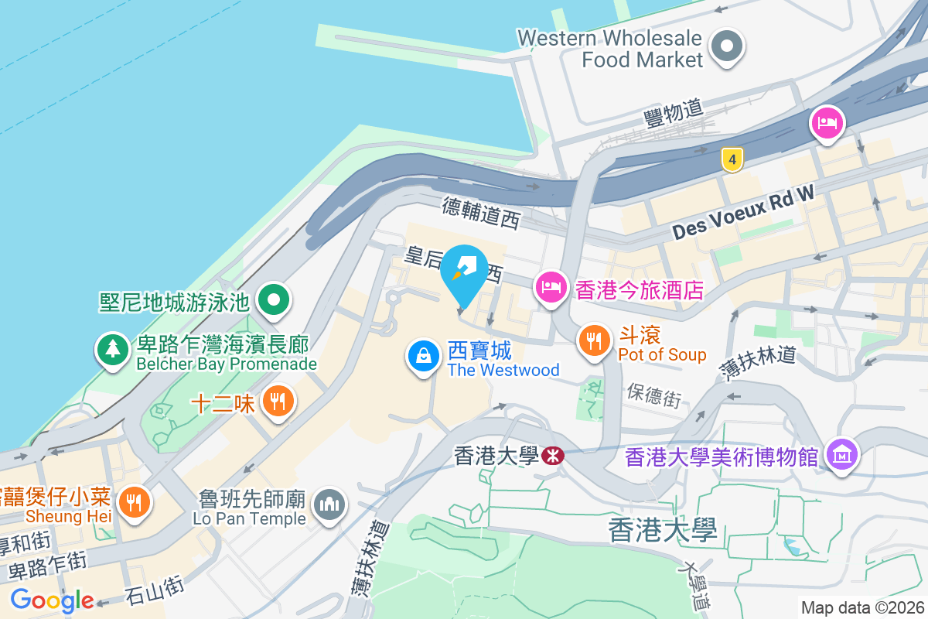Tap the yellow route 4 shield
tap(732, 159)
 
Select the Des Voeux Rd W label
tap(743, 210)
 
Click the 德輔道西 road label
tap(481, 211)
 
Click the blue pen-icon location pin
tap(464, 271)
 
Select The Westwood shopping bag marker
tap(423, 357)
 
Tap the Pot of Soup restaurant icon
tap(593, 340)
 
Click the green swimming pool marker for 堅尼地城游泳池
tap(273, 300)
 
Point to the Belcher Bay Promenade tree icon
tap(113, 350)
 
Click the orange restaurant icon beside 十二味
tap(277, 401)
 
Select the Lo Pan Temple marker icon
tap(329, 505)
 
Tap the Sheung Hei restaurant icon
tap(135, 502)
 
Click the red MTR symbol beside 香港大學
tap(552, 456)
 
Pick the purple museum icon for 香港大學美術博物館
tap(838, 453)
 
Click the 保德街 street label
tap(654, 395)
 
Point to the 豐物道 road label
tap(673, 114)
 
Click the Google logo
tap(52, 600)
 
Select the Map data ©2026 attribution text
tap(861, 608)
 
